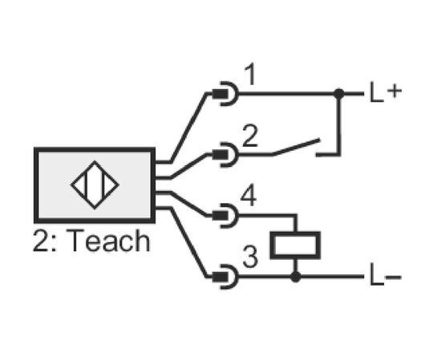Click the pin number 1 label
[x=250, y=74]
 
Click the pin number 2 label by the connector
[x=249, y=136]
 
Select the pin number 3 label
[x=249, y=257]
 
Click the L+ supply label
[x=385, y=91]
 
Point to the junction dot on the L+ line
[x=339, y=93]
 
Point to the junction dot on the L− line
[x=295, y=277]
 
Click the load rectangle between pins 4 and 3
[x=295, y=245]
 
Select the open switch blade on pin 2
[x=296, y=147]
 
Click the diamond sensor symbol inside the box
[x=95, y=185]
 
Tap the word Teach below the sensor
[x=107, y=241]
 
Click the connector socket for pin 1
[x=225, y=93]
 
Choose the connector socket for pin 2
[x=225, y=155]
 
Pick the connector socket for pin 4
[x=225, y=216]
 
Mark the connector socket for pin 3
[x=225, y=277]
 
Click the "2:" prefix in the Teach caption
[x=45, y=241]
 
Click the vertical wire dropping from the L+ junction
[x=339, y=124]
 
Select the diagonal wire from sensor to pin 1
[x=188, y=128]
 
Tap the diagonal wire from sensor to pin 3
[x=188, y=242]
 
